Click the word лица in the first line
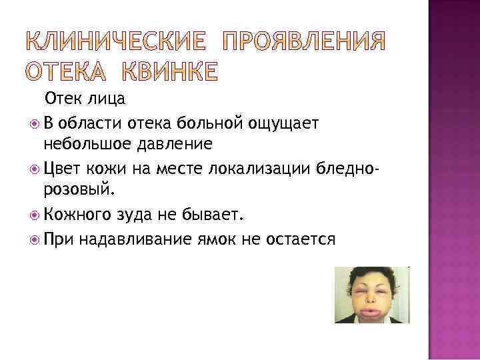pyautogui.click(x=107, y=99)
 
